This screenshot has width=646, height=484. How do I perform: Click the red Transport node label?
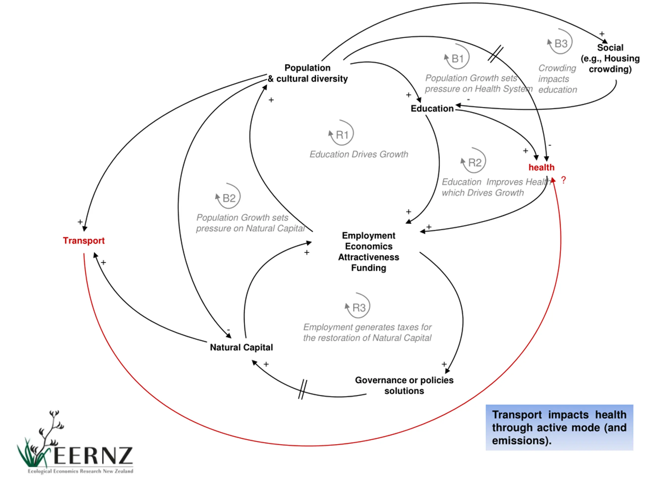[x=84, y=241]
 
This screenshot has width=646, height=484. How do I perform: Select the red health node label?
[x=542, y=167]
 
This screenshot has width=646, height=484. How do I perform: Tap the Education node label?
[x=432, y=109]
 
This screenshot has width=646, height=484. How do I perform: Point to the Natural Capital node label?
[x=241, y=347]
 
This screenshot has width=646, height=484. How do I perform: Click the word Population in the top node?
[x=308, y=68]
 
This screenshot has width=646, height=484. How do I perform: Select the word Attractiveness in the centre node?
[x=369, y=257]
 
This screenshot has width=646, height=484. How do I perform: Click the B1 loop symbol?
[x=457, y=57]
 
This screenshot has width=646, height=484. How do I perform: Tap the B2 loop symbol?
[x=228, y=196]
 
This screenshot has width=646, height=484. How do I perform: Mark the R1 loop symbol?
[x=341, y=133]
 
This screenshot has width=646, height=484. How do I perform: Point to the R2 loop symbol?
[x=473, y=161]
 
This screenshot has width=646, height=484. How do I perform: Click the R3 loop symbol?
[x=358, y=306]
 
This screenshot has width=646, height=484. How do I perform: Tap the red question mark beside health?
[x=564, y=180]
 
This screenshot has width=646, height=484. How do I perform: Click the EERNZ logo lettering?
[x=93, y=456]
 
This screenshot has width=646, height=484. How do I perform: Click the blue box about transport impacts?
[x=559, y=427]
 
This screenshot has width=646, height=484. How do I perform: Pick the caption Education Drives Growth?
[x=359, y=154]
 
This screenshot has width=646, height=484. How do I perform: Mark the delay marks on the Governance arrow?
[x=303, y=389]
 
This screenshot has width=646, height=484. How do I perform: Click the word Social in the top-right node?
[x=610, y=48]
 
